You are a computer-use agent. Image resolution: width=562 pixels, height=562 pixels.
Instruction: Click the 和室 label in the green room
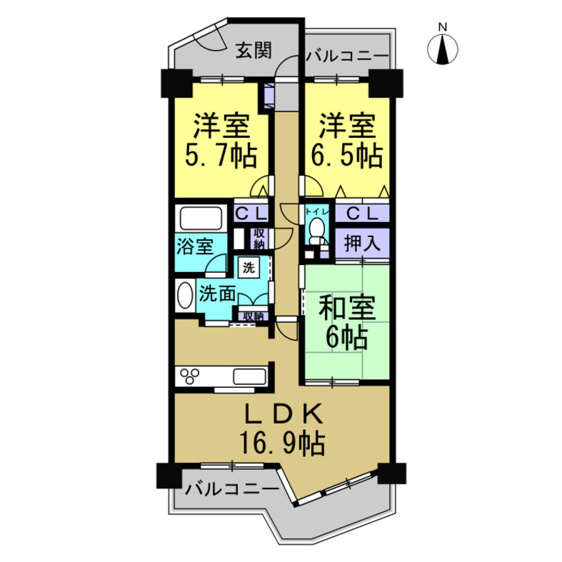click(346, 308)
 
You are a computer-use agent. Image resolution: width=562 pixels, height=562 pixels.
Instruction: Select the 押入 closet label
click(362, 243)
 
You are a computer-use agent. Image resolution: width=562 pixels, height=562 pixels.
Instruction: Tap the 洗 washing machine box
click(249, 268)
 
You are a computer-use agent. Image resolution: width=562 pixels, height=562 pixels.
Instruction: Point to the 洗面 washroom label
click(217, 293)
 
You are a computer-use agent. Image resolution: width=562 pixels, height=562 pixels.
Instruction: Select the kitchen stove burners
click(191, 376)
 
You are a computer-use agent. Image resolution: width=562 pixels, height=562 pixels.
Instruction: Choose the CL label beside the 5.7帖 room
click(250, 212)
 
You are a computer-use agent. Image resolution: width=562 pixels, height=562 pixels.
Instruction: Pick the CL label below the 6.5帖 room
click(362, 212)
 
